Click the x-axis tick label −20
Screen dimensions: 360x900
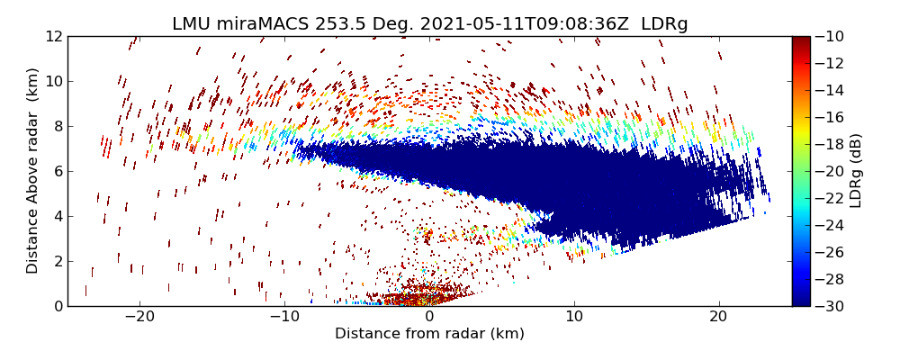[139, 317]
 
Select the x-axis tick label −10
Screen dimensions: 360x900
[284, 317]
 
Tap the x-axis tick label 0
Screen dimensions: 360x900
[429, 317]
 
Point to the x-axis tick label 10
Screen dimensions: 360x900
[573, 317]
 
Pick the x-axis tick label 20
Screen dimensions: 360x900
[718, 317]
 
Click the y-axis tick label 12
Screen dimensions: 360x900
[53, 36]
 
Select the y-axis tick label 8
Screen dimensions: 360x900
[57, 126]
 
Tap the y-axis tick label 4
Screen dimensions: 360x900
[57, 216]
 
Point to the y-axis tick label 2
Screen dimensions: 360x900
[57, 261]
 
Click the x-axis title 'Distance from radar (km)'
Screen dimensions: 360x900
[429, 334]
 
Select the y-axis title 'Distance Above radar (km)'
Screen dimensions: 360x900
[32, 171]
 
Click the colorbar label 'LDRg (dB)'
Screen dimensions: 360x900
[856, 171]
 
